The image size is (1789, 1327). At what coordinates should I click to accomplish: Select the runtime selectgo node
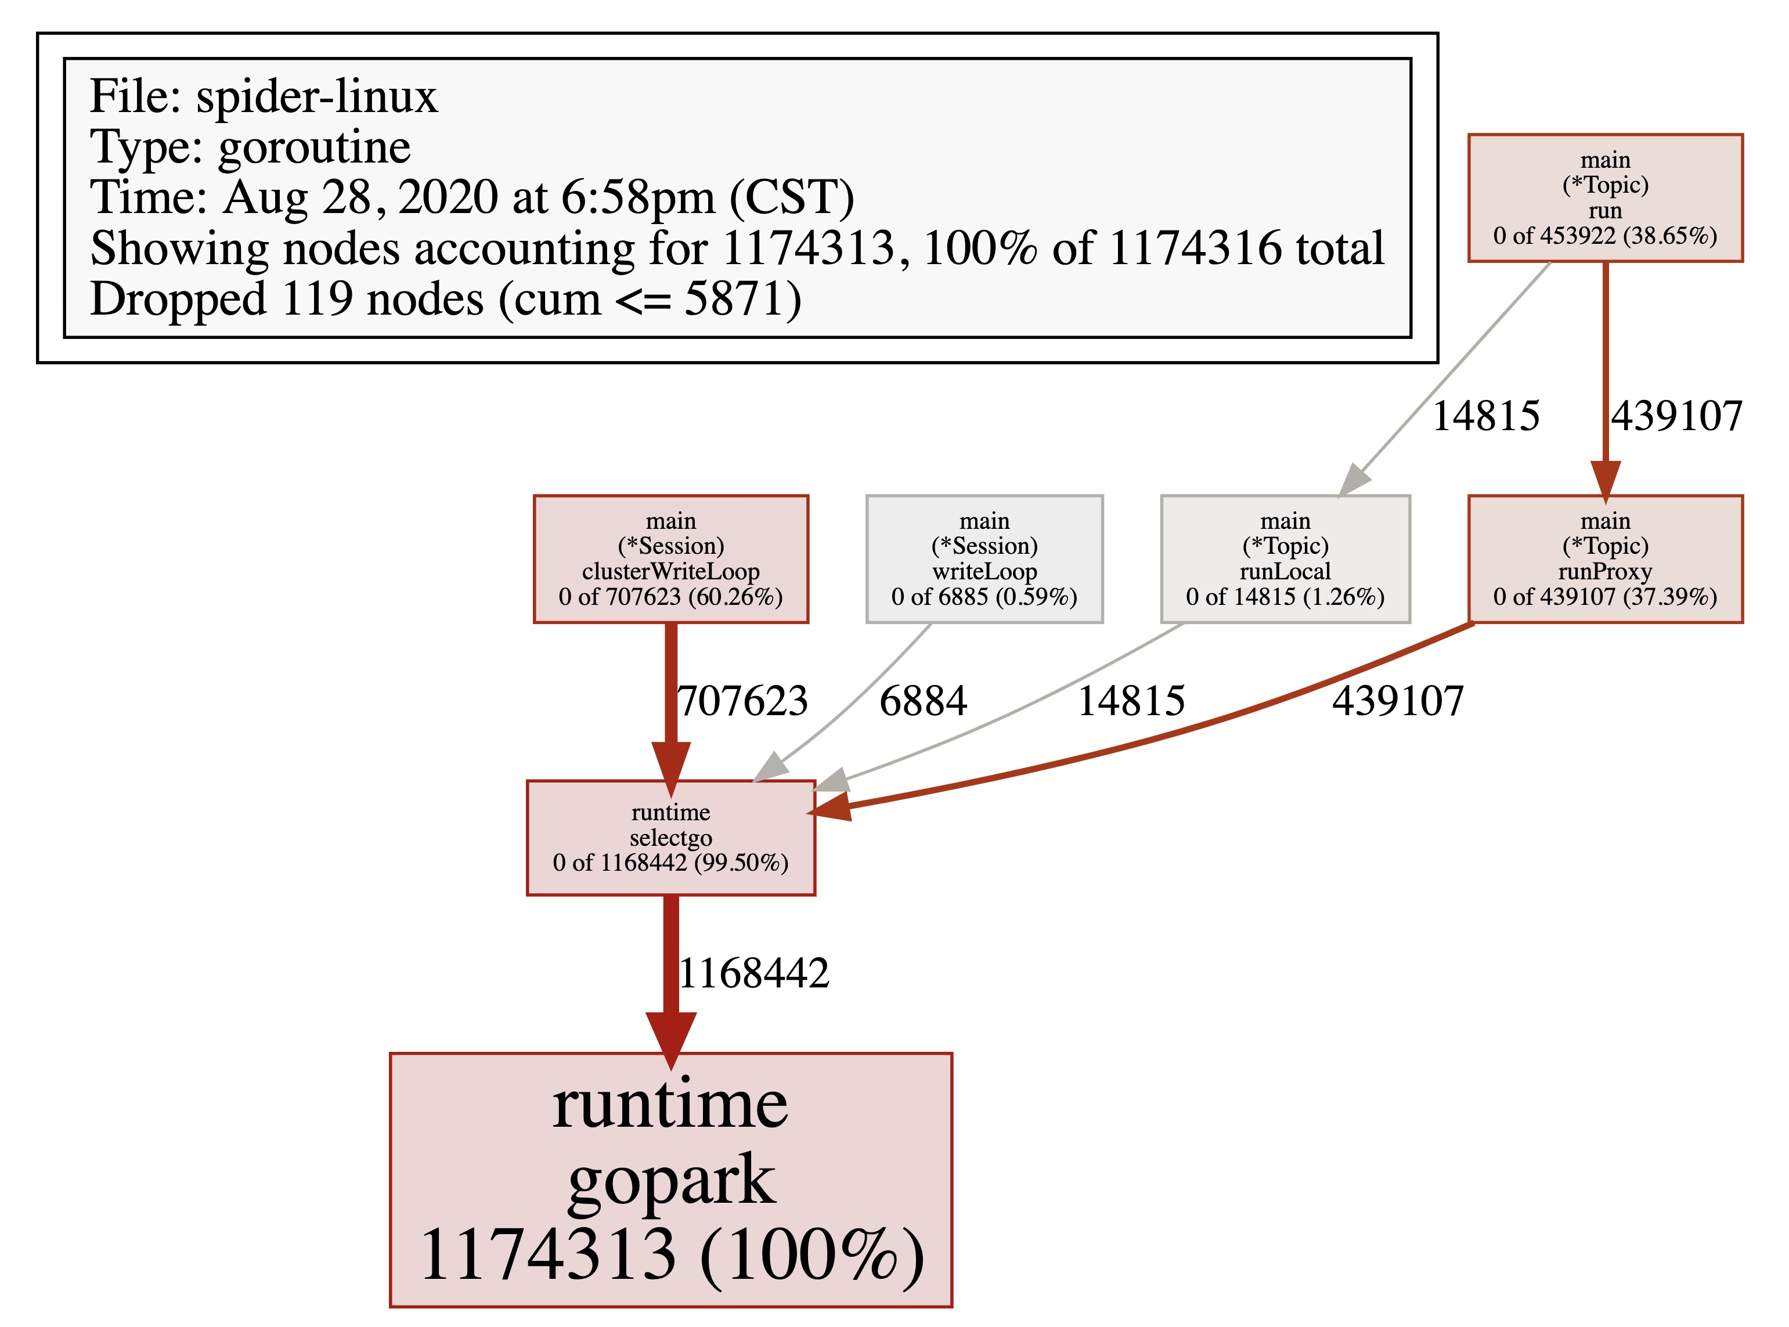coord(671,837)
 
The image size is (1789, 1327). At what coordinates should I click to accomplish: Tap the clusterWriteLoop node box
coord(671,559)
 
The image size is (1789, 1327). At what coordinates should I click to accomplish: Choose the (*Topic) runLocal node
coord(1285,559)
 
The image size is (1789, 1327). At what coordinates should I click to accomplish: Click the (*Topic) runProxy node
coord(1605,559)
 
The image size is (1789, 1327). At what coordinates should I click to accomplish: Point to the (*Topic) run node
coord(1605,197)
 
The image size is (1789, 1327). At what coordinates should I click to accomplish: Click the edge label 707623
coord(742,701)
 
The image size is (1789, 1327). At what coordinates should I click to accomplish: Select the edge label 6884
coord(923,701)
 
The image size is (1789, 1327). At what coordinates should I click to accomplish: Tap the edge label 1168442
coord(753,973)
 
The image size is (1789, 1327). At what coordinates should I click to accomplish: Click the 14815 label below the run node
coord(1485,416)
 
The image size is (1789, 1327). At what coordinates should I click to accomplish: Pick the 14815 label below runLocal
coord(1130,701)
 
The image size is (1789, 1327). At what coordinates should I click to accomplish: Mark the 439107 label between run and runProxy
coord(1676,416)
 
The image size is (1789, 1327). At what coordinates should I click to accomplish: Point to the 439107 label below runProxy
coord(1398,701)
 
